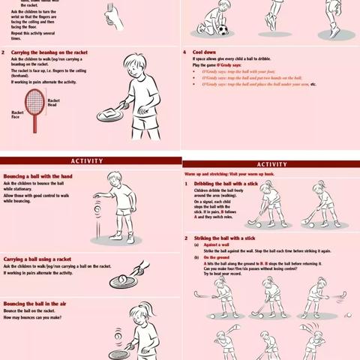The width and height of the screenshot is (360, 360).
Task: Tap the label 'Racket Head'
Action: point(54,103)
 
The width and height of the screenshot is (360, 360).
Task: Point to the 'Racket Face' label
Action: point(17,115)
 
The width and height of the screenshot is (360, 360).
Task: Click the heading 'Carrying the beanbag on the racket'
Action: point(49,52)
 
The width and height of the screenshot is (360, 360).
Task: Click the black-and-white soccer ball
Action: point(222,31)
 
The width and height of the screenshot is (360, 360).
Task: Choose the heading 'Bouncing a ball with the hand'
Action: point(39,175)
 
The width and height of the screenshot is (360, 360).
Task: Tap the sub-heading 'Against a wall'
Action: point(218,244)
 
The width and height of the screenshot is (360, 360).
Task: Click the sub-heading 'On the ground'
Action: point(217,257)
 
